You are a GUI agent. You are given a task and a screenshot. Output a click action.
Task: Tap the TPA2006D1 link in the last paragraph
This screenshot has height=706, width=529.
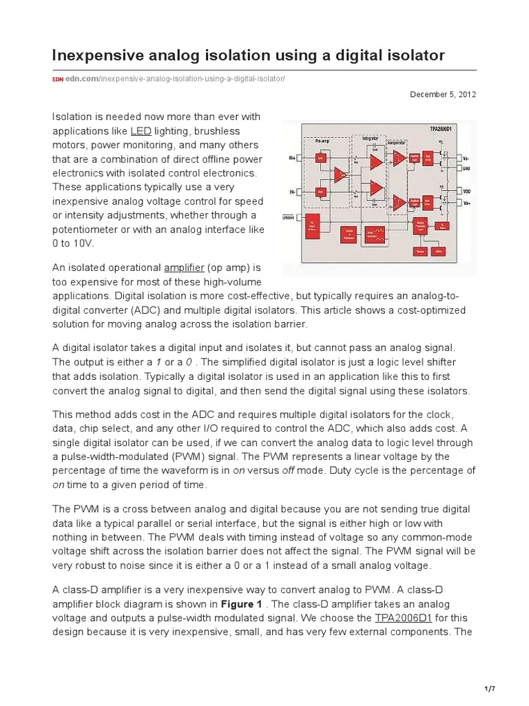pyautogui.click(x=403, y=618)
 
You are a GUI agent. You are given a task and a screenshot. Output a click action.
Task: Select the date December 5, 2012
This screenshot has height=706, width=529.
pyautogui.click(x=444, y=94)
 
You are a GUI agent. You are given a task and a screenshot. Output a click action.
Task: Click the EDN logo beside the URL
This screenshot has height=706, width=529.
pyautogui.click(x=58, y=79)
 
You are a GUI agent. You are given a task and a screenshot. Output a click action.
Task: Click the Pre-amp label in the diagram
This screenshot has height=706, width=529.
pyautogui.click(x=324, y=140)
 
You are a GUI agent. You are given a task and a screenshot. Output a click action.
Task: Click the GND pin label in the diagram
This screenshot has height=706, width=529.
pyautogui.click(x=466, y=168)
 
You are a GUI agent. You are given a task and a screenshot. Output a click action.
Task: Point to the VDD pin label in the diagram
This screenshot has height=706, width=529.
pyautogui.click(x=466, y=192)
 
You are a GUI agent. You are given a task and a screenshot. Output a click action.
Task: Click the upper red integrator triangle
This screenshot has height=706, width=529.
pyautogui.click(x=375, y=162)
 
